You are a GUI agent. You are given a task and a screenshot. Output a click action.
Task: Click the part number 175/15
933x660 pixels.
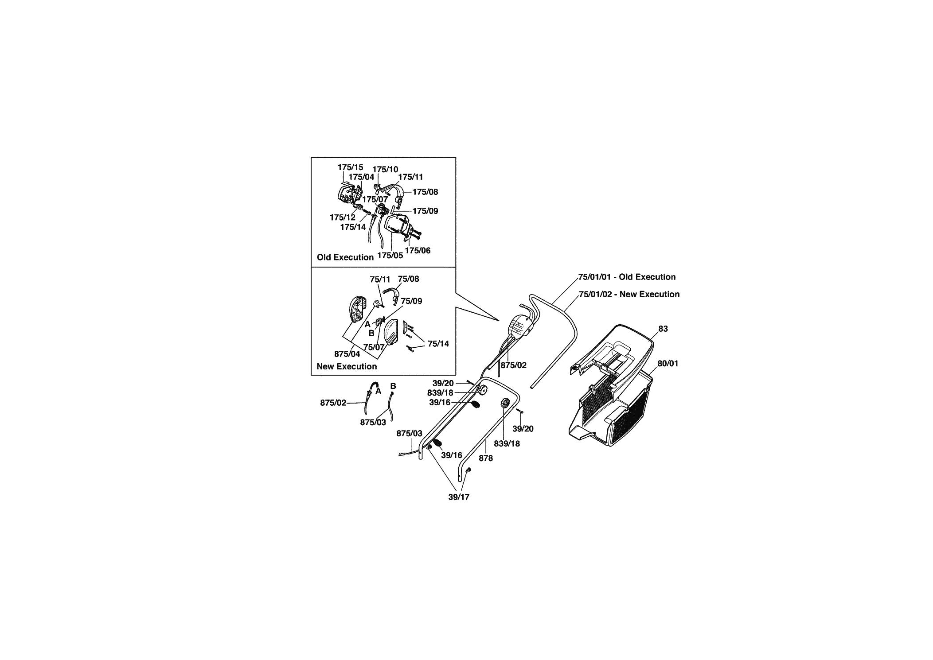tap(350, 167)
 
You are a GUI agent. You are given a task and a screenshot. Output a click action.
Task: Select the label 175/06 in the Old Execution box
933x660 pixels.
tap(418, 250)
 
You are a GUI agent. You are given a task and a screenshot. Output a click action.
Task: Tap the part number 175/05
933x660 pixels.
tap(390, 256)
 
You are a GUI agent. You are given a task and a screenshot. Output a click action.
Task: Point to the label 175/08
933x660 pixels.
tap(425, 192)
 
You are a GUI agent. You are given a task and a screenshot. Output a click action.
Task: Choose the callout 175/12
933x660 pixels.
tap(343, 217)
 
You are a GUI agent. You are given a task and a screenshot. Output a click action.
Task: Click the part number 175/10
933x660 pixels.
tap(385, 169)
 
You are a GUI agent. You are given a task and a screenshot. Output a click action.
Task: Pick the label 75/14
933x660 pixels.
tap(438, 344)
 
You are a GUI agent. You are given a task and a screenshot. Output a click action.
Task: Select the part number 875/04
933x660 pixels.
tap(347, 354)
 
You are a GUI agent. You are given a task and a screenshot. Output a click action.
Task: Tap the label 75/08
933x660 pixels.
tap(408, 279)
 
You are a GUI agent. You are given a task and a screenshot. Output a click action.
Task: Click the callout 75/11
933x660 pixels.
tap(380, 280)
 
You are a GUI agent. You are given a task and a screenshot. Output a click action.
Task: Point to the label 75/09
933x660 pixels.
tap(411, 301)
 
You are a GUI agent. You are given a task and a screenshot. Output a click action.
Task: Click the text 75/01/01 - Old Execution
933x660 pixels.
tap(627, 277)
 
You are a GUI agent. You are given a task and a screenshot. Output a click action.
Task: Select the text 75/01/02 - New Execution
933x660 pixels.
tap(629, 295)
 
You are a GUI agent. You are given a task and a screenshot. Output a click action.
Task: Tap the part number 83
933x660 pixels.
tap(663, 329)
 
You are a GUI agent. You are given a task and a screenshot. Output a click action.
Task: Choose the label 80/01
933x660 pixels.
tap(668, 364)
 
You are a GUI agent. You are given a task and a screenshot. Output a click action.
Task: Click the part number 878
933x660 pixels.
tap(486, 458)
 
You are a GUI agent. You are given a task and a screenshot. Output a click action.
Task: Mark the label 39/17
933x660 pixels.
tap(459, 497)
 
